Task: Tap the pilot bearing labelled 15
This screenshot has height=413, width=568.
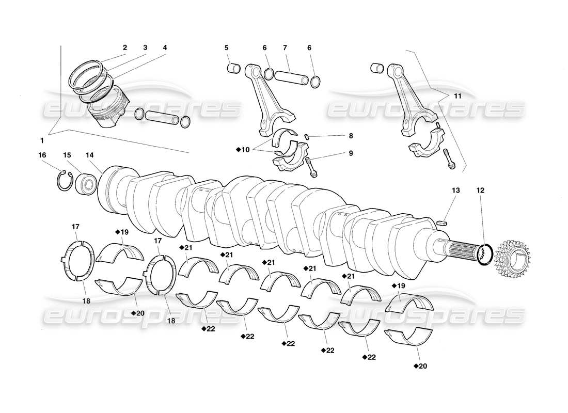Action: click(86, 183)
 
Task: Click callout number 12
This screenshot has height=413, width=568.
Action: click(481, 190)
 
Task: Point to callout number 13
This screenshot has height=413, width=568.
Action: click(456, 190)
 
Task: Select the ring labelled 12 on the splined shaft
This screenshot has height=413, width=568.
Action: click(485, 254)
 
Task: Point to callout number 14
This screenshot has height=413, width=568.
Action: click(90, 154)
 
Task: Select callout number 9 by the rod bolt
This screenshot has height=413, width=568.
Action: click(351, 153)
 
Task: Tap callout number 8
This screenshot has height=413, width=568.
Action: click(351, 136)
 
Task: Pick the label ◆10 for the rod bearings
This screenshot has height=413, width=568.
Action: click(243, 150)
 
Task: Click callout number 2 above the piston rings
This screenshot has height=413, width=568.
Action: click(125, 47)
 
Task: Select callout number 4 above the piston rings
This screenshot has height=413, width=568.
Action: click(165, 47)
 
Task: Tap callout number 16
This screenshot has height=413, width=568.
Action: click(42, 154)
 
